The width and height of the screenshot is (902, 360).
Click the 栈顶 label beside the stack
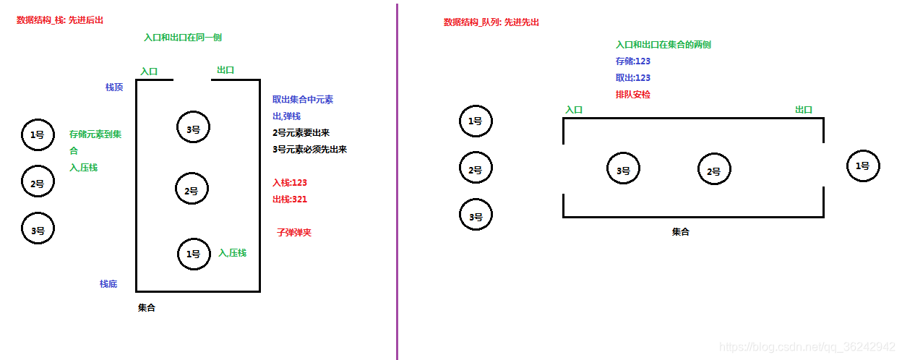pos(114,87)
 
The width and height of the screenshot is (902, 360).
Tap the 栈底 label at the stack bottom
pos(108,284)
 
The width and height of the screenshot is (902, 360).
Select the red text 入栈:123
pos(290,183)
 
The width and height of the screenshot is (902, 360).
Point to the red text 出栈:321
pos(290,200)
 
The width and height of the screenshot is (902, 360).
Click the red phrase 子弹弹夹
pos(294,233)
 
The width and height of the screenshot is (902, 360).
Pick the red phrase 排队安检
pos(633,95)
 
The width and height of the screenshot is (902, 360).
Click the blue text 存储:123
pos(633,61)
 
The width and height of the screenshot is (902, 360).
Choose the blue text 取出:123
pos(633,78)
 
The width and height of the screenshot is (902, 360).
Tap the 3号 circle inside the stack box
pos(193,128)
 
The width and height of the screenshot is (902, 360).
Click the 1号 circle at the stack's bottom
pos(193,254)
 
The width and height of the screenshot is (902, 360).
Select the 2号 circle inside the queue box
pos(714,171)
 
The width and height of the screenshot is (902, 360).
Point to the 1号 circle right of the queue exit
pos(863,166)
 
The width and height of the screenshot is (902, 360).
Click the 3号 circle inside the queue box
pos(623,171)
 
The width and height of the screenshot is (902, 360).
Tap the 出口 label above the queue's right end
pos(804,110)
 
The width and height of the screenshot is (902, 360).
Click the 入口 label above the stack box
pos(149,72)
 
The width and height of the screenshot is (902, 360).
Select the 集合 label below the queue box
pos(681,232)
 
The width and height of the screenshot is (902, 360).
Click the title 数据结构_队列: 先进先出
pos(491,22)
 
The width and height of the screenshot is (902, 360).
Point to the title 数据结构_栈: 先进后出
pos(60,20)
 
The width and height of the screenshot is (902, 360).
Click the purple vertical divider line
pos(397,181)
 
